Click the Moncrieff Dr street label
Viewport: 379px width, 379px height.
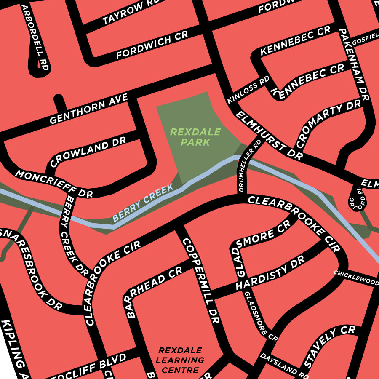54,184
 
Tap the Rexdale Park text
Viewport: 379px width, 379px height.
195,137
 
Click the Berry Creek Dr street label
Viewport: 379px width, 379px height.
75,236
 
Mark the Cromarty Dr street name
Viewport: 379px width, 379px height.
328,124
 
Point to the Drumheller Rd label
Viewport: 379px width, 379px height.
249,166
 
